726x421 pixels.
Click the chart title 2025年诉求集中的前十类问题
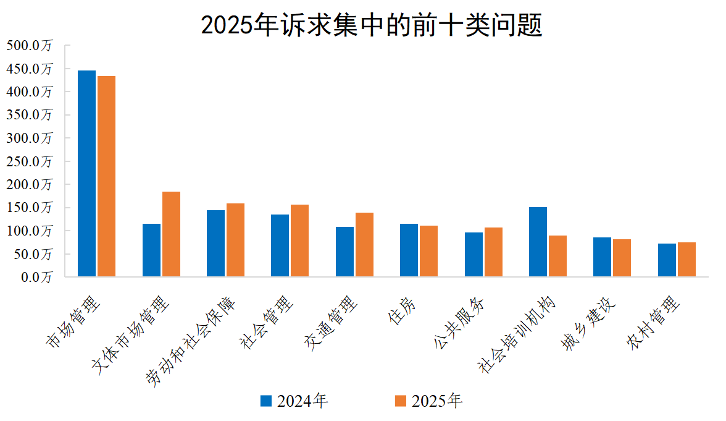[372, 25]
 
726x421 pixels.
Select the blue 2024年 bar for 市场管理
[87, 174]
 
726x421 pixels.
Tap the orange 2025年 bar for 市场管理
[107, 176]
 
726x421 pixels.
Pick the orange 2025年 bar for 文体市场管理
[171, 234]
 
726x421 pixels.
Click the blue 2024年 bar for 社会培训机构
[538, 242]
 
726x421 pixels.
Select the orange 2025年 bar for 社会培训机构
[557, 256]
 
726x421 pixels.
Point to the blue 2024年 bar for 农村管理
[667, 260]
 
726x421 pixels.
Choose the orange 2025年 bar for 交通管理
[364, 245]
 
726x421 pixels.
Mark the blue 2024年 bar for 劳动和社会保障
[216, 244]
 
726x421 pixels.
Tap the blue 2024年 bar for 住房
[409, 250]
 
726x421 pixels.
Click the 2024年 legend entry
[294, 401]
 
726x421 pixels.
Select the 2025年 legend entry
[428, 401]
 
